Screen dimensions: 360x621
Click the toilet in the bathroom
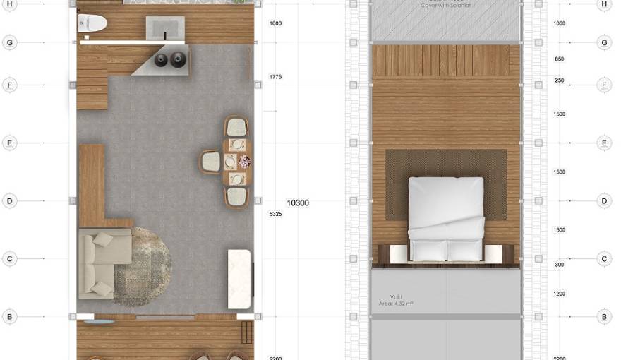[x=92, y=23]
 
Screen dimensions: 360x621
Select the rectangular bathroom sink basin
[x=165, y=29]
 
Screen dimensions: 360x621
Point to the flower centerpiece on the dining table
[x=244, y=162]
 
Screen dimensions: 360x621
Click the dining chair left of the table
[x=210, y=162]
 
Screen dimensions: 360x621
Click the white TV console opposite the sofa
[x=240, y=278]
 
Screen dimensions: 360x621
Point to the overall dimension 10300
[x=297, y=203]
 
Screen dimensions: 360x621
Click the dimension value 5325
[x=276, y=213]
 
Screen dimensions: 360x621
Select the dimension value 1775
[x=276, y=76]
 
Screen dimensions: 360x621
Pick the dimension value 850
[x=559, y=59]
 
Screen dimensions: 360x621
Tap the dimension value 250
[x=559, y=80]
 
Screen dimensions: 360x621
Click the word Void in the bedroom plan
[x=396, y=297]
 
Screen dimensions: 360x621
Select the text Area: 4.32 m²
[x=396, y=304]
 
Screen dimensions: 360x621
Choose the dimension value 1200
[x=559, y=293]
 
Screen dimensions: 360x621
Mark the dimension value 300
[x=559, y=265]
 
